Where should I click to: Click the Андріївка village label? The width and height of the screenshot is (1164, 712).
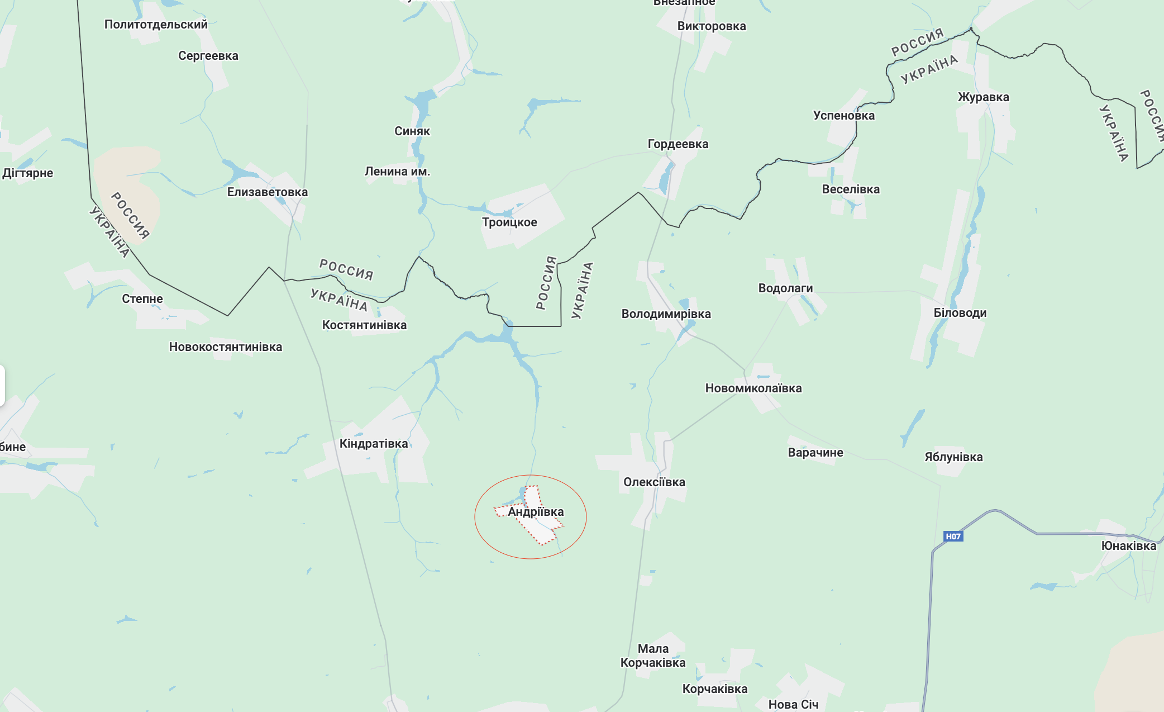click(536, 512)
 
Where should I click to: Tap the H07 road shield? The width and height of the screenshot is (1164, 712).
click(953, 537)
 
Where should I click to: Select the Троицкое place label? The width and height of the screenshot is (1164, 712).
click(509, 222)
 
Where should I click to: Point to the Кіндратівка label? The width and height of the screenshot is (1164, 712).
click(374, 444)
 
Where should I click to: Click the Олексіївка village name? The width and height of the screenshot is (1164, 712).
click(654, 482)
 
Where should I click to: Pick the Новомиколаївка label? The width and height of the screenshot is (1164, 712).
click(753, 388)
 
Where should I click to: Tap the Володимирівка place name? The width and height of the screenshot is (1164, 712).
click(666, 314)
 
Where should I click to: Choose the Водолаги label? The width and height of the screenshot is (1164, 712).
click(785, 288)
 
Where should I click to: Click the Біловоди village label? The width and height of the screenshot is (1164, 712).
click(960, 313)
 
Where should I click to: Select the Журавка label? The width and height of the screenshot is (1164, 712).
click(983, 97)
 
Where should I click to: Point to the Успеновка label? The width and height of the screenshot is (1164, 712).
click(843, 116)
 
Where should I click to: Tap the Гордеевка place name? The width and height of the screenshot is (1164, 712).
click(678, 144)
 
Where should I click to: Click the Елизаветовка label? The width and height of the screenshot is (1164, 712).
click(267, 192)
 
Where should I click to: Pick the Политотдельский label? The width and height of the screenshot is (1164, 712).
click(156, 25)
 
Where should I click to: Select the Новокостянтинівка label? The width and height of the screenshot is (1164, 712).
click(226, 347)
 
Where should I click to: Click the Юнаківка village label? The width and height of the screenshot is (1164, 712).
click(1128, 546)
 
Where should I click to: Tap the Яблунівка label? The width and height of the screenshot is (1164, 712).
click(953, 457)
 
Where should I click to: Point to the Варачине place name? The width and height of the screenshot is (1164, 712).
click(815, 453)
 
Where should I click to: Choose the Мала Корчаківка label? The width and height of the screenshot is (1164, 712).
click(652, 656)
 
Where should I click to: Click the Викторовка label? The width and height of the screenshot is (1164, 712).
click(711, 26)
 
